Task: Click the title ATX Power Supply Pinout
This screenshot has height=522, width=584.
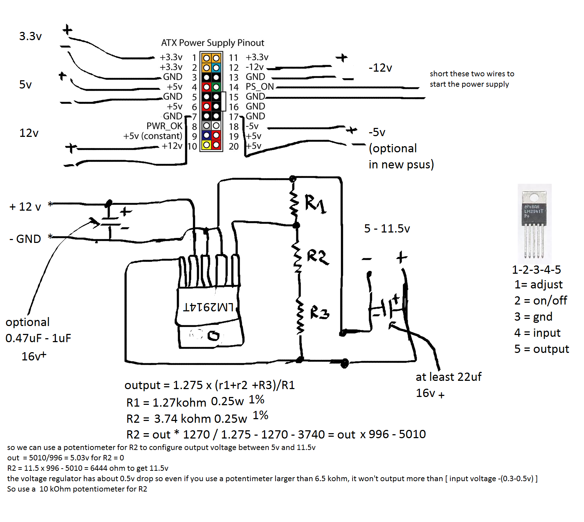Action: tap(212, 43)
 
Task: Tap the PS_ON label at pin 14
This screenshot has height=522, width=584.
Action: tap(259, 87)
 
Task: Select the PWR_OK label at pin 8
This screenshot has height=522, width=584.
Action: tap(164, 126)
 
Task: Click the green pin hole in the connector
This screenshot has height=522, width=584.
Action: tap(216, 87)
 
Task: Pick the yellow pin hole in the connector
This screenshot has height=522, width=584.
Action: tap(206, 145)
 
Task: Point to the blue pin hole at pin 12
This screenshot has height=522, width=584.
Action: tap(216, 68)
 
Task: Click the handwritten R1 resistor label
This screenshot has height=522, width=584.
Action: tap(315, 204)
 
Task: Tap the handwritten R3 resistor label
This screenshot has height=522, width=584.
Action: tap(319, 313)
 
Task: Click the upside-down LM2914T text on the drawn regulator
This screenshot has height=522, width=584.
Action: tap(208, 307)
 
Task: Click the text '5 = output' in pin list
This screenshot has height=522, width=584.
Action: tap(541, 349)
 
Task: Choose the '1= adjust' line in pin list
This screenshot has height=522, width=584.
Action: tap(538, 284)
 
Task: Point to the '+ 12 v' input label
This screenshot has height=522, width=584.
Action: tap(25, 207)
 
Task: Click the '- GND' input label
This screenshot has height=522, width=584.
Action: tap(25, 239)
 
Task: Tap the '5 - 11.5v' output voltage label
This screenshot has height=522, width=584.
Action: tap(387, 229)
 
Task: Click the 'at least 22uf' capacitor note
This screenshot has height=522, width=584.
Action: tap(449, 377)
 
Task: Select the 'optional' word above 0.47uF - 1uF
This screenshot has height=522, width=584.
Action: tap(28, 322)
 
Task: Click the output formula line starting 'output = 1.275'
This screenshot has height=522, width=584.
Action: tap(210, 385)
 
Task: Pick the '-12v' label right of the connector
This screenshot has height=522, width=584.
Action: tap(380, 68)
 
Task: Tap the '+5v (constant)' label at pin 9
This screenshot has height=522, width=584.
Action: tap(153, 136)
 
